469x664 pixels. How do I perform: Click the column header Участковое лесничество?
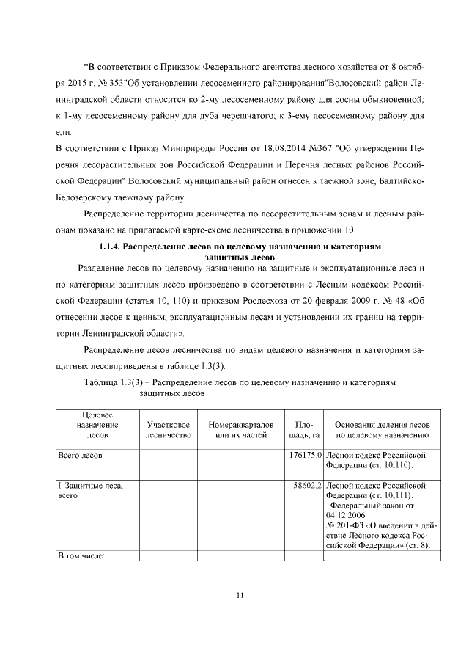(169, 430)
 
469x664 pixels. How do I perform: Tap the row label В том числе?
(81, 555)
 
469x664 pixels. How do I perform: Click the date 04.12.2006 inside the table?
(349, 515)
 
